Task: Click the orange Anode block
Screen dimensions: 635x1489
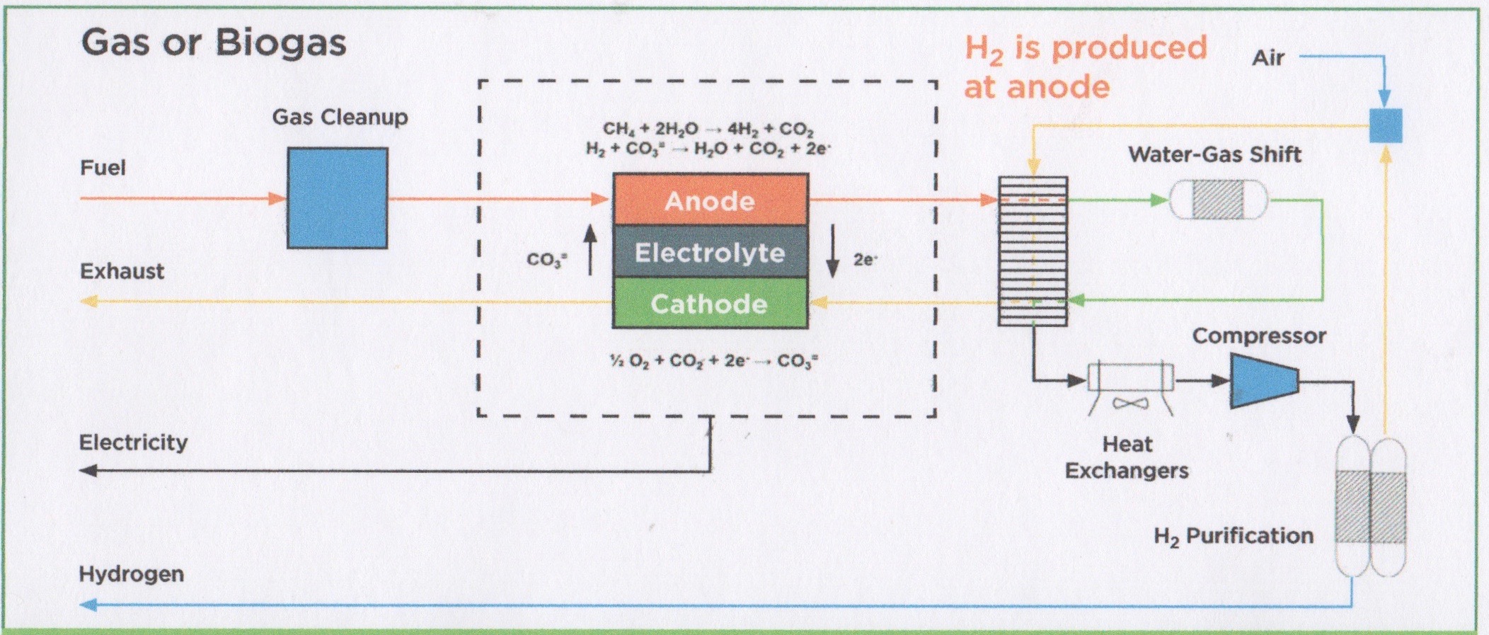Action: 710,200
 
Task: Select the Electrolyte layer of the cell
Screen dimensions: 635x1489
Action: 710,252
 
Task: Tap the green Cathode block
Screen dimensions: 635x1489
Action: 710,303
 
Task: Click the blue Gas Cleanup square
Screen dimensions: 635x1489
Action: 337,198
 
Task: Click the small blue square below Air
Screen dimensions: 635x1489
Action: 1385,125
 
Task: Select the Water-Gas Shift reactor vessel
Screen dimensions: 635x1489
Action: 1217,200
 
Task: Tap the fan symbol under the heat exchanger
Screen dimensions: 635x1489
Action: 1130,404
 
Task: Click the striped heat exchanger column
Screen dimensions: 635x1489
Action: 1033,251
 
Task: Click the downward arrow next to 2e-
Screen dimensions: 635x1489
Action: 833,251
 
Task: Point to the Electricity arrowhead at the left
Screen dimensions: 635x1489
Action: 88,470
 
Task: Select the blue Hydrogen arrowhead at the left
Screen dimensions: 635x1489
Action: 88,605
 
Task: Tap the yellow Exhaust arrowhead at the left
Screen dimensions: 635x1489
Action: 88,302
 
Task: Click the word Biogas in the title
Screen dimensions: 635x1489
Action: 280,42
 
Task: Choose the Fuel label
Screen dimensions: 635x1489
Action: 103,168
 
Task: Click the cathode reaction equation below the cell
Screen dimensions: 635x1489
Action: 713,361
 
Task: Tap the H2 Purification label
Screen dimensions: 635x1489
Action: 1234,537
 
